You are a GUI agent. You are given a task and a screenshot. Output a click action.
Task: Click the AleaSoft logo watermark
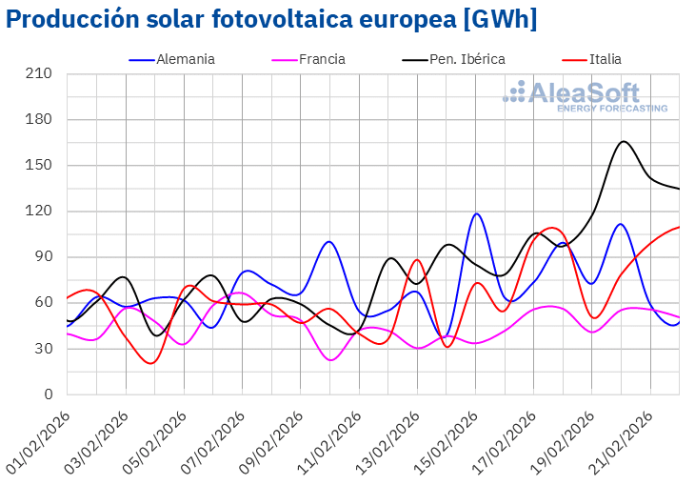tap(586, 96)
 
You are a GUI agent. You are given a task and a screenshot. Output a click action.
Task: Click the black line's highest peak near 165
tap(624, 141)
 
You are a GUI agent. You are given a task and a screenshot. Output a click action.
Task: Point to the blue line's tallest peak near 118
tap(477, 213)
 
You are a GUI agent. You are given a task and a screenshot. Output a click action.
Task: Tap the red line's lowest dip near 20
tap(151, 363)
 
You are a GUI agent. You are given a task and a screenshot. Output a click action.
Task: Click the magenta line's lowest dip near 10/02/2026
tap(331, 360)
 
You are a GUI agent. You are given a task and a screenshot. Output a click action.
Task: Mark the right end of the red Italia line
tap(679, 227)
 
